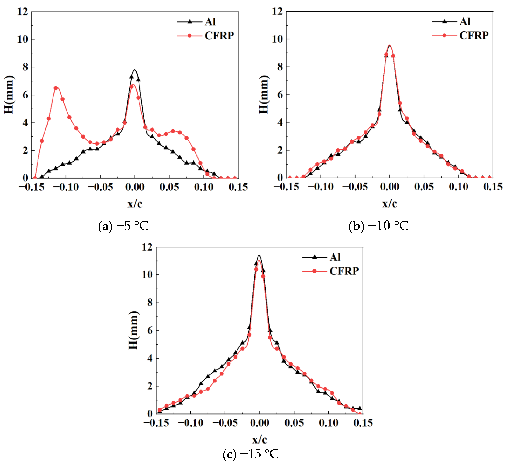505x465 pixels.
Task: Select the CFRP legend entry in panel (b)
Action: coord(460,36)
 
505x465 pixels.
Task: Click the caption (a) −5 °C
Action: coord(123,226)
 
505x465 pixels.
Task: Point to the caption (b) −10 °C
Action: coord(378,226)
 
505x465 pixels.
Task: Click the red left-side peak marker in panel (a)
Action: coord(56,88)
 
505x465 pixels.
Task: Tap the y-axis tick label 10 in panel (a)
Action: coord(23,39)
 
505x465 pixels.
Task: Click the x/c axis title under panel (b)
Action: coord(390,204)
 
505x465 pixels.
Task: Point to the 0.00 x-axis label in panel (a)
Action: coord(135,187)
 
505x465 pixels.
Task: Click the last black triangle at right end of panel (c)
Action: coord(360,408)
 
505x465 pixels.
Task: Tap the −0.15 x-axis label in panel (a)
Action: coord(31,187)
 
